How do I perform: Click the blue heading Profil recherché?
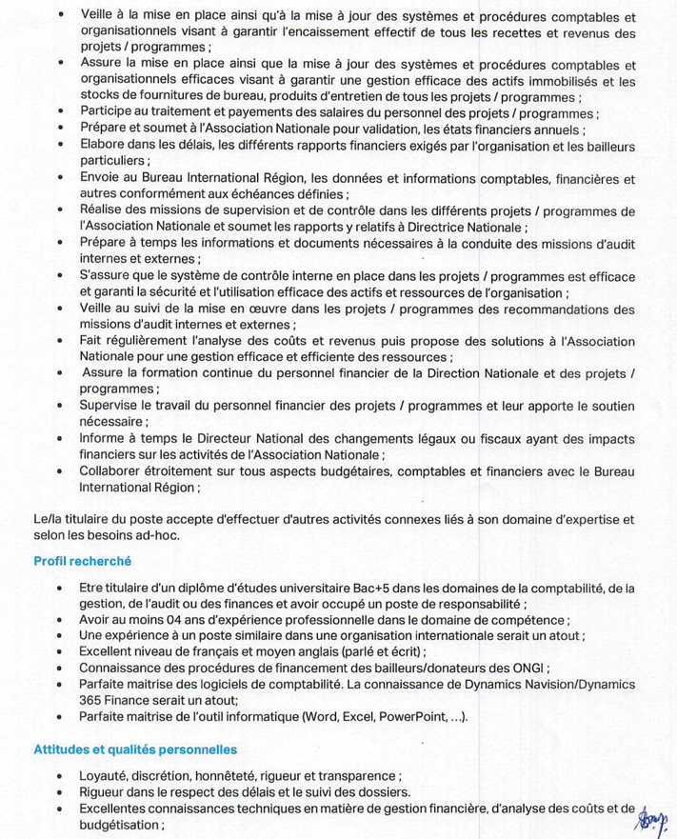82,562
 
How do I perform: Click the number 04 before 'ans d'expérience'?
168,619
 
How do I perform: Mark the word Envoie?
102,178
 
